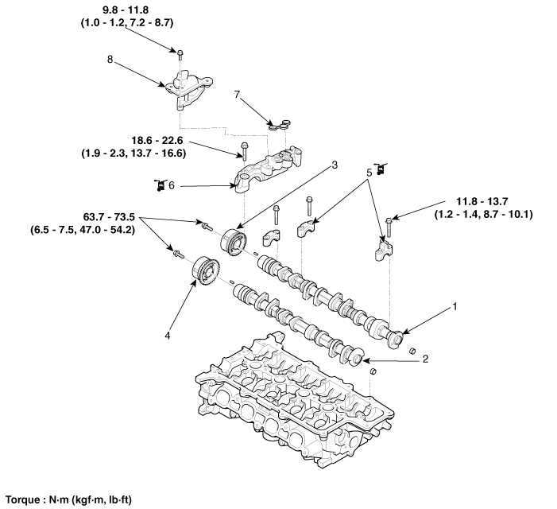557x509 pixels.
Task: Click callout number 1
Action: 456,305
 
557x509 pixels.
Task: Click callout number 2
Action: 425,359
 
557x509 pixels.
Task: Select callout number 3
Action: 335,165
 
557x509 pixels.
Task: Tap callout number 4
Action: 168,336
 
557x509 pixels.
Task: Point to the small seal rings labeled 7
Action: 278,123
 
